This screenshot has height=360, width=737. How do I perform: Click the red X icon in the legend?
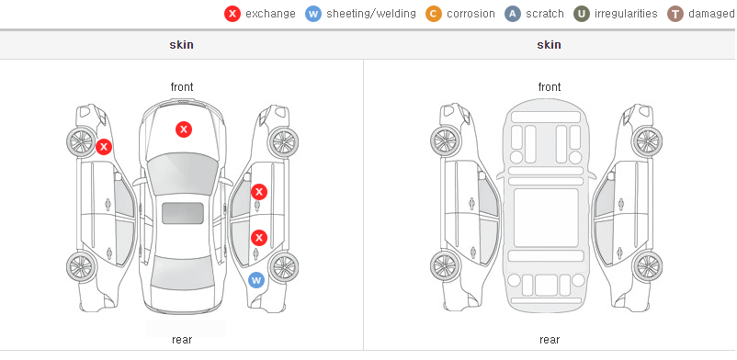coord(232,14)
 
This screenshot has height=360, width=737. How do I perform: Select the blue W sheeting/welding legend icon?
coord(313,14)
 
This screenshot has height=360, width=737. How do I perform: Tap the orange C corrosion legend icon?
coord(434,14)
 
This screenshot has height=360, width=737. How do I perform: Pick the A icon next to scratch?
coord(513,14)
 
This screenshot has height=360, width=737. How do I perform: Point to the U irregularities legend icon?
coord(582,14)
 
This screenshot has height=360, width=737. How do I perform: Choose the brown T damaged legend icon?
coord(675,14)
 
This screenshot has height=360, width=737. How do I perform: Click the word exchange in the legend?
coord(270,14)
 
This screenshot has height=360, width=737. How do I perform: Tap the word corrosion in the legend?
coord(471,14)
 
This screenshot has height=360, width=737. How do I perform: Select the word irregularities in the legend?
coord(626,14)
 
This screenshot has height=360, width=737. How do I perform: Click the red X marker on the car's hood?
coord(184,129)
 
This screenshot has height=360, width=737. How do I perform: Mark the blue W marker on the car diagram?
coord(256,281)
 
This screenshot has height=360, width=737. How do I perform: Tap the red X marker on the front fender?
coord(104,147)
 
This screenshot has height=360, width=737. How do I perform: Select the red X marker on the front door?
coord(259,192)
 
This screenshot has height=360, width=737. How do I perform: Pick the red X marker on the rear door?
coord(259,238)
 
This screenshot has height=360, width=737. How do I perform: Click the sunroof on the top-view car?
coord(183,213)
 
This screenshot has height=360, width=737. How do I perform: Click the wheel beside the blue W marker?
coord(283,267)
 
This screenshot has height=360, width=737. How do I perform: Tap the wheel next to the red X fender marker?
coord(81,141)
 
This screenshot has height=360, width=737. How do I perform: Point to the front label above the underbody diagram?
coord(550,87)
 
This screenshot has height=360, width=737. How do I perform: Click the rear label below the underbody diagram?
coord(550,340)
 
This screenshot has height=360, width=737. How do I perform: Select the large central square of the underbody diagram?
coord(546,218)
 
